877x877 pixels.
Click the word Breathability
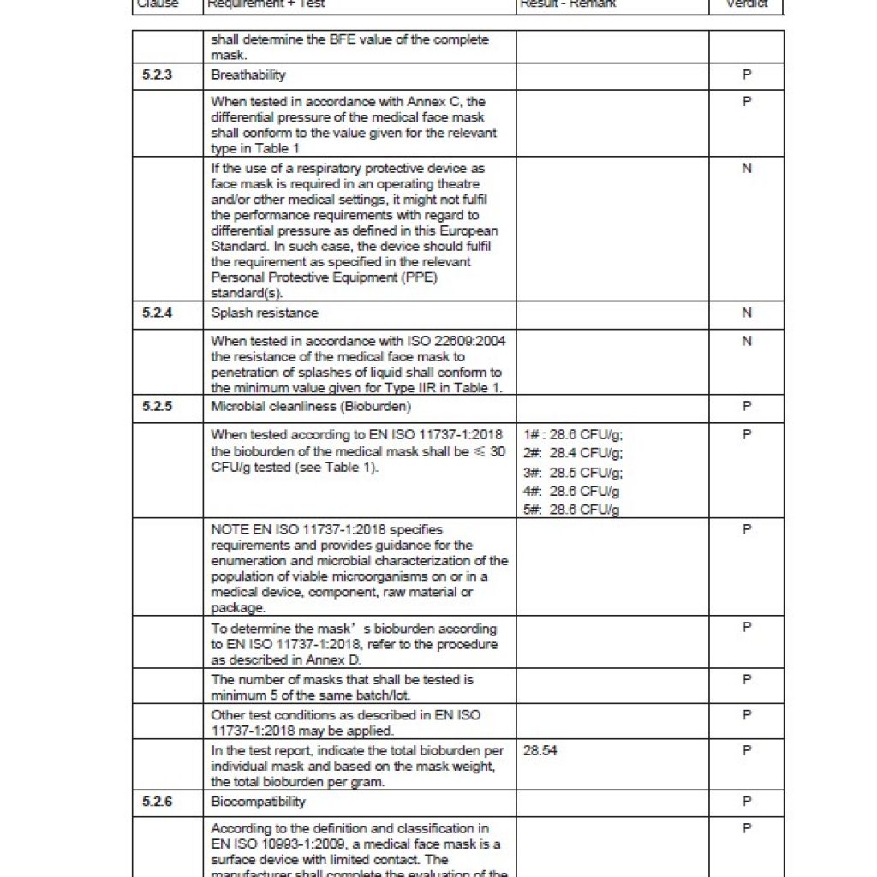pos(248,75)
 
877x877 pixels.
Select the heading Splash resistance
pos(265,313)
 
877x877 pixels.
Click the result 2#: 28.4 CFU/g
pos(573,453)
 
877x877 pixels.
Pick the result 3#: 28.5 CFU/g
pos(573,473)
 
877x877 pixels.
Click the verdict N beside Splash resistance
pos(747,313)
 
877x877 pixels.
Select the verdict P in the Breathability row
pos(747,75)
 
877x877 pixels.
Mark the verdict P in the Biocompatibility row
pos(747,802)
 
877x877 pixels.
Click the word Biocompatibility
pos(258,802)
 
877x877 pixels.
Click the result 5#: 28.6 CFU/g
pos(572,510)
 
